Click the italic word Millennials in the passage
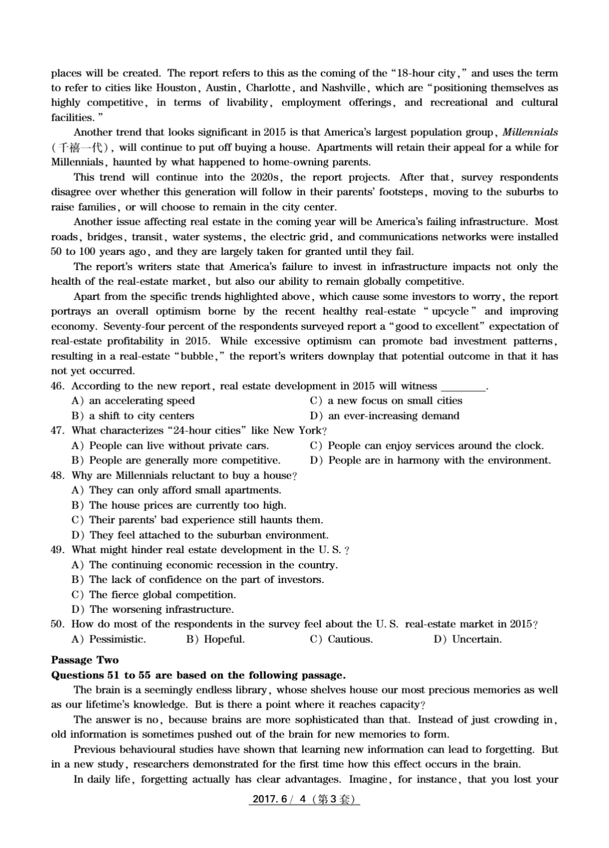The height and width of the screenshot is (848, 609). (529, 132)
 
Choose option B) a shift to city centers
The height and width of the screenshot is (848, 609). (133, 416)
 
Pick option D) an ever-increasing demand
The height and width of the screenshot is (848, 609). (385, 416)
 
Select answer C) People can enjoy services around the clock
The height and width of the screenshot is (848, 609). (427, 445)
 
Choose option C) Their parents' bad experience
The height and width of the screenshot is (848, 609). (197, 520)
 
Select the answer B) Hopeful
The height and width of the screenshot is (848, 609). (215, 639)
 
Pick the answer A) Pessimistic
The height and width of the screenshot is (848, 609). (109, 639)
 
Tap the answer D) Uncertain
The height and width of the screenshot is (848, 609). (467, 639)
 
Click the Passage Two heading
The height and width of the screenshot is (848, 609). (85, 660)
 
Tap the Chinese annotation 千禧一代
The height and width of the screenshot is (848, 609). (81, 148)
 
